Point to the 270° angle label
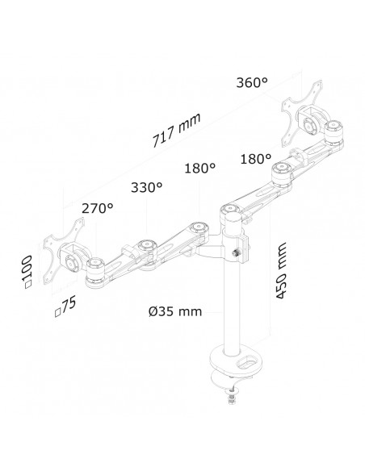coord(96,207)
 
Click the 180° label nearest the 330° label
coord(199,169)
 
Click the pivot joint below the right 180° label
coord(281,169)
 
